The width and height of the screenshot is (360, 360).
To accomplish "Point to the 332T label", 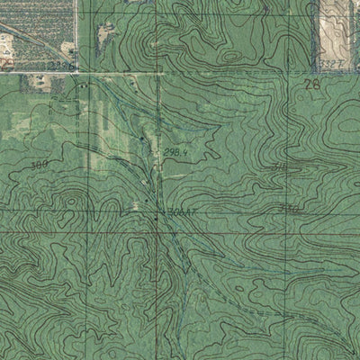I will (333, 64).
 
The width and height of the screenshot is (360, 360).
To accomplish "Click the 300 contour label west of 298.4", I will (38, 166).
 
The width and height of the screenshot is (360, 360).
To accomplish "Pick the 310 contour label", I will (280, 168).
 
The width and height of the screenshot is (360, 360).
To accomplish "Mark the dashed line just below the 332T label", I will (333, 72).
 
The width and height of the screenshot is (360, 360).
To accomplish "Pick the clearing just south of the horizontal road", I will (40, 84).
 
